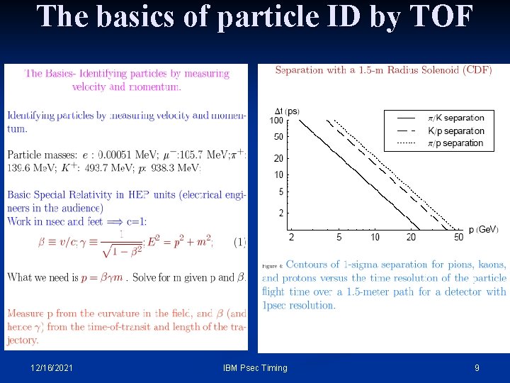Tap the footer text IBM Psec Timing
[x=255, y=367]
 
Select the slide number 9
[x=477, y=367]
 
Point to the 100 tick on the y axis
[x=276, y=120]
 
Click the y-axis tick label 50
[x=278, y=137]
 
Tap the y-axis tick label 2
[x=280, y=213]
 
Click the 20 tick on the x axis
[x=412, y=237]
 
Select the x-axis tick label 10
[x=375, y=237]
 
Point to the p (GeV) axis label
[x=482, y=230]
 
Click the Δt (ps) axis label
[x=286, y=111]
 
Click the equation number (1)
[x=239, y=242]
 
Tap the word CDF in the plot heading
[x=476, y=70]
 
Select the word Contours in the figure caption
[x=309, y=265]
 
